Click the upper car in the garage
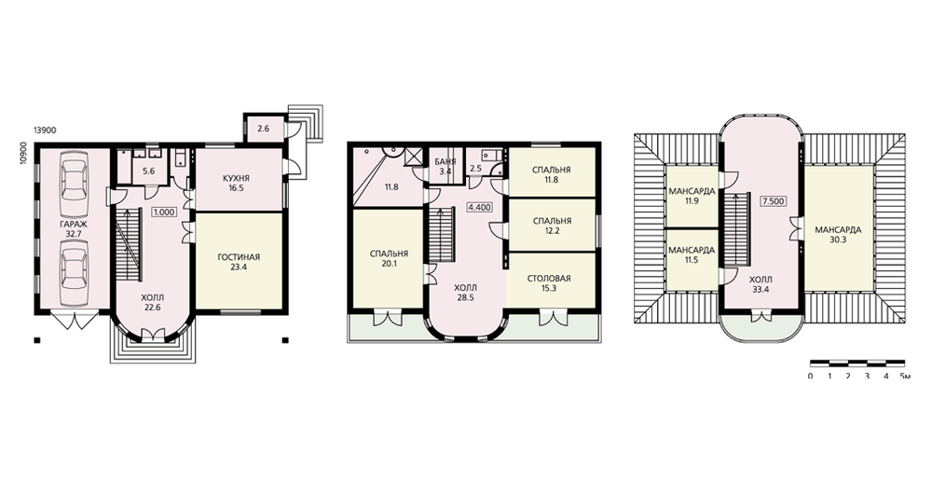[75, 178]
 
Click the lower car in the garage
[75, 271]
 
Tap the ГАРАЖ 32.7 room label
[73, 229]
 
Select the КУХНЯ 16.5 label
[237, 183]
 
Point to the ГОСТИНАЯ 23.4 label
[239, 262]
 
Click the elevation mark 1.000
[165, 212]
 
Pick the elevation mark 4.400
[479, 208]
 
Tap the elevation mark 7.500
[773, 201]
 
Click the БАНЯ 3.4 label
[445, 167]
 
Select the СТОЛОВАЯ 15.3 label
[549, 283]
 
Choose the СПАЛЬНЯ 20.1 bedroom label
[389, 258]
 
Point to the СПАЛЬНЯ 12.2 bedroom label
[552, 226]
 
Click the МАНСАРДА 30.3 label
[838, 234]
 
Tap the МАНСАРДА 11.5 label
[692, 255]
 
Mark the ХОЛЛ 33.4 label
[761, 284]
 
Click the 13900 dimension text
[45, 130]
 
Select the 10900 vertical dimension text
[23, 154]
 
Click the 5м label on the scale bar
[905, 377]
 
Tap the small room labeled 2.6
[265, 128]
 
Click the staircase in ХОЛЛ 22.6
[130, 244]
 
